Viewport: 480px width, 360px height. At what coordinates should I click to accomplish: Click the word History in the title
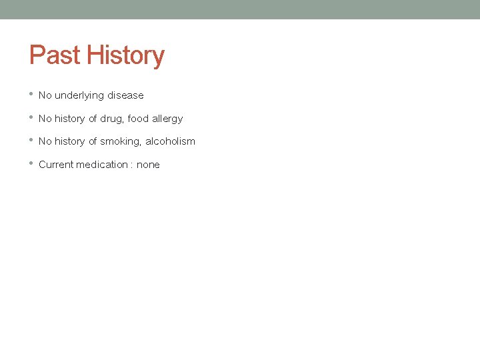tap(127, 55)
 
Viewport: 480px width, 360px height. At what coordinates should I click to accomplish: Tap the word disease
tap(125, 95)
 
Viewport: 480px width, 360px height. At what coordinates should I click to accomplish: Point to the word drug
tap(111, 119)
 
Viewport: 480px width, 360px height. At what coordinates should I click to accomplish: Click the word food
tap(138, 119)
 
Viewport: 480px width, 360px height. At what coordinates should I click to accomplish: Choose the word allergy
tap(167, 119)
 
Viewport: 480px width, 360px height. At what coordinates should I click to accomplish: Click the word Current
tap(55, 165)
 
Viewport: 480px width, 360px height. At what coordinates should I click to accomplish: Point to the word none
tap(148, 165)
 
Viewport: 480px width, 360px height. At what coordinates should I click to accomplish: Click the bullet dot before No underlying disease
tap(31, 95)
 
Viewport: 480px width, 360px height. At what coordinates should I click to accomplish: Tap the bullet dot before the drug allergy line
tap(31, 118)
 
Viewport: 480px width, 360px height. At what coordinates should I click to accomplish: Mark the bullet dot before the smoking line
tap(31, 141)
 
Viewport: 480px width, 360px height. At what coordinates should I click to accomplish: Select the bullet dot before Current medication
tap(31, 164)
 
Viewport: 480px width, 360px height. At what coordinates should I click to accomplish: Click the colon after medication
tap(131, 165)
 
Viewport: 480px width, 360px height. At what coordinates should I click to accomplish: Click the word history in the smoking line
tap(70, 141)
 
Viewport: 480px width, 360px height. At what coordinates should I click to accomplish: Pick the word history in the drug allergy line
tap(70, 119)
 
